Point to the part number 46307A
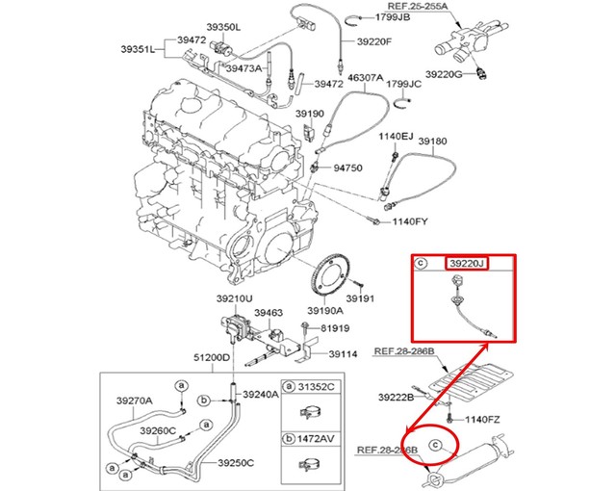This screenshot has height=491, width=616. (x=366, y=77)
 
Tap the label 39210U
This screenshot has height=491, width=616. (x=234, y=299)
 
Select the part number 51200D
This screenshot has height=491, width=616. (x=212, y=357)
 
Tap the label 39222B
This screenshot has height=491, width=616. (x=397, y=396)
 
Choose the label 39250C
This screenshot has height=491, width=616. (x=235, y=462)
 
